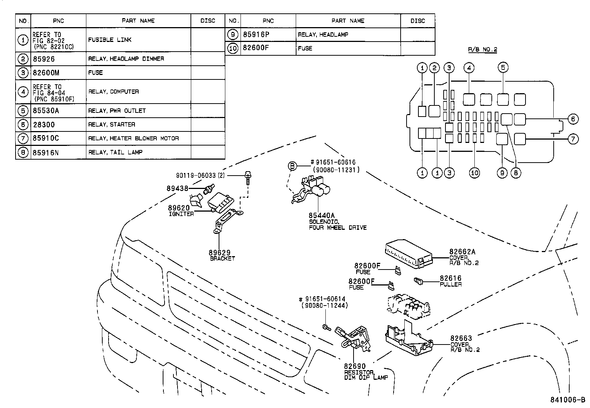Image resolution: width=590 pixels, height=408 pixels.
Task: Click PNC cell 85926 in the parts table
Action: point(44,59)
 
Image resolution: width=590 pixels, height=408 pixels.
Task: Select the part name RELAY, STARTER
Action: point(112,124)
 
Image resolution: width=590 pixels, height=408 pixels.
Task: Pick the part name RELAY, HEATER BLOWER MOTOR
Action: point(133,138)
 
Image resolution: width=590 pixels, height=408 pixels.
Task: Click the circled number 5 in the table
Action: point(23,110)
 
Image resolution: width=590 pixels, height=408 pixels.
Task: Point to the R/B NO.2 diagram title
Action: point(482,49)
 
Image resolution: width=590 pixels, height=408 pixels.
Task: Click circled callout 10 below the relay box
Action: point(474,173)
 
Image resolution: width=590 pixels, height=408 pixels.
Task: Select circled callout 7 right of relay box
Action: point(573,139)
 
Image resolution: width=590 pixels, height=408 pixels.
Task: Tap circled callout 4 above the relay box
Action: point(469,68)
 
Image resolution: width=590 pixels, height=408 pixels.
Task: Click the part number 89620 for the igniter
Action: point(179,208)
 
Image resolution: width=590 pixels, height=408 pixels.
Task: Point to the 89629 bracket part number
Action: point(219,253)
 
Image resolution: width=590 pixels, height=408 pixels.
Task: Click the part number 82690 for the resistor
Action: point(355,366)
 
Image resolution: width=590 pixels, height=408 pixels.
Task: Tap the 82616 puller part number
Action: point(451,278)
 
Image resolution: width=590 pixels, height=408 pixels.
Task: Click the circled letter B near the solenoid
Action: point(292,166)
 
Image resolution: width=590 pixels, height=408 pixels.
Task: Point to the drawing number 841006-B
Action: point(567,400)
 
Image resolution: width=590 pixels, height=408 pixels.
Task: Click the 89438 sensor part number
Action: point(178,188)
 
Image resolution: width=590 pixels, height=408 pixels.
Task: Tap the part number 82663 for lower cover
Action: point(461,338)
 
